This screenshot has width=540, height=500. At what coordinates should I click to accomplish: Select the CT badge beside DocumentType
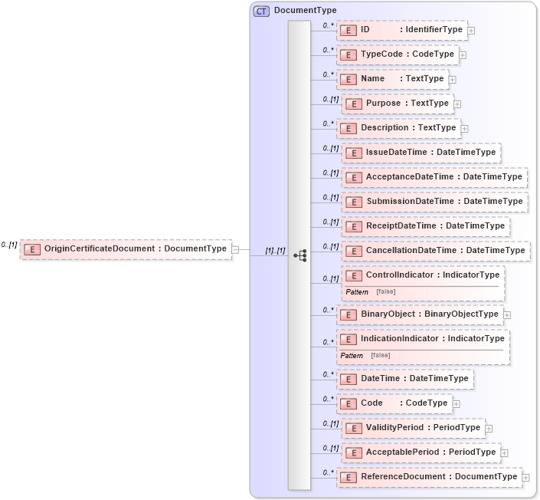(x=262, y=11)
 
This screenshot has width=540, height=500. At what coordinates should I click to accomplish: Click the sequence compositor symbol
(x=299, y=255)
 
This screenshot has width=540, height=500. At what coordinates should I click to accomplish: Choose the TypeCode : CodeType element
(x=398, y=54)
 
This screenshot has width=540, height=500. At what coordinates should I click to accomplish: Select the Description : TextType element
(x=399, y=128)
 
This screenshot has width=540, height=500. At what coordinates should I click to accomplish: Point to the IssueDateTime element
(x=422, y=153)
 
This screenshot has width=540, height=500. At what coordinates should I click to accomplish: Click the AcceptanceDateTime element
(x=435, y=177)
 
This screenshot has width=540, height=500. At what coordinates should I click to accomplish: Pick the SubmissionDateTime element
(x=435, y=202)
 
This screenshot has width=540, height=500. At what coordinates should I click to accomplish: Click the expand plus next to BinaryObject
(x=507, y=314)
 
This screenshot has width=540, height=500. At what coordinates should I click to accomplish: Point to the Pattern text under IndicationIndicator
(x=352, y=355)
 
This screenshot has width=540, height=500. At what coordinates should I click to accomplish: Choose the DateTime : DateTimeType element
(x=405, y=379)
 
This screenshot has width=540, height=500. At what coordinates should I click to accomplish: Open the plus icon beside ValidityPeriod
(x=489, y=428)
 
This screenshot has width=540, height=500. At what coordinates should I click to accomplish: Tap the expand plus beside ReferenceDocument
(x=525, y=477)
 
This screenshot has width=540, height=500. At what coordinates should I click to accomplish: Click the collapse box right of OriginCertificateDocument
(x=235, y=248)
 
